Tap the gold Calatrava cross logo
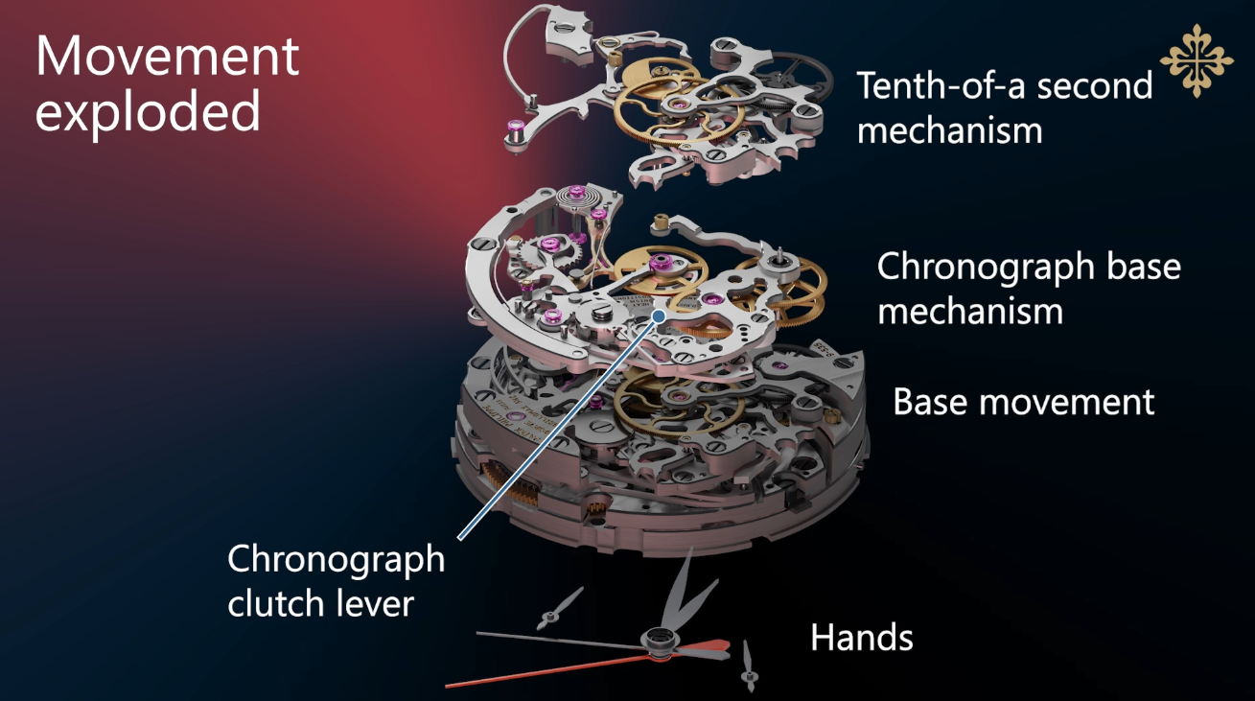1196,59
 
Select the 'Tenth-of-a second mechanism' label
1004,105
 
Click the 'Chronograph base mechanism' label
1028,288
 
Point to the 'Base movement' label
1023,401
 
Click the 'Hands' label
861,637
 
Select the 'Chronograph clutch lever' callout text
335,580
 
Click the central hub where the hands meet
659,641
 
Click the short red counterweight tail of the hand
713,648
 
